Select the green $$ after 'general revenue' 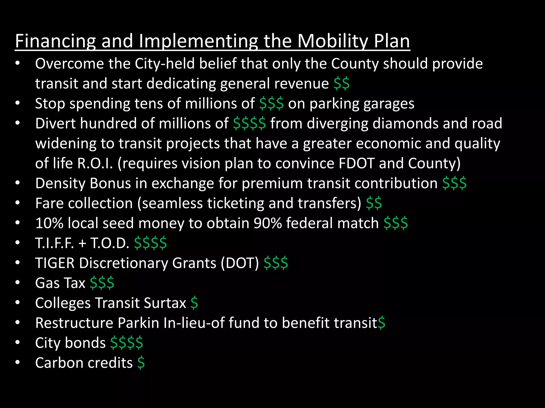pyautogui.click(x=341, y=84)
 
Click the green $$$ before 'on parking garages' pyautogui.click(x=271, y=104)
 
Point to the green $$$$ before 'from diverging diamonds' pyautogui.click(x=249, y=124)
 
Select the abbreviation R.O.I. pyautogui.click(x=95, y=163)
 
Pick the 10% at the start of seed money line pyautogui.click(x=49, y=223)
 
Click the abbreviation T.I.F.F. pyautogui.click(x=55, y=243)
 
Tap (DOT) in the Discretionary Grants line pyautogui.click(x=240, y=263)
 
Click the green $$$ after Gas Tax pyautogui.click(x=102, y=283)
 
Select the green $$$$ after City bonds pyautogui.click(x=127, y=343)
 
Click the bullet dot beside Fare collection pyautogui.click(x=18, y=203)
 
